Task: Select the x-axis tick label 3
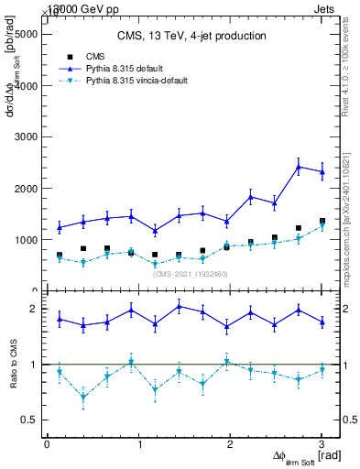[x=322, y=444]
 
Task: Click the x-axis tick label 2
[x=230, y=444]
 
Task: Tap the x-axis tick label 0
[x=47, y=444]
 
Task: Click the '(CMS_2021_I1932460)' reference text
[x=190, y=275]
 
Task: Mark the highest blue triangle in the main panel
[x=299, y=167]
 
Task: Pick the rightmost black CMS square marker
[x=322, y=221]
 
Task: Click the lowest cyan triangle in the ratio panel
[x=83, y=397]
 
